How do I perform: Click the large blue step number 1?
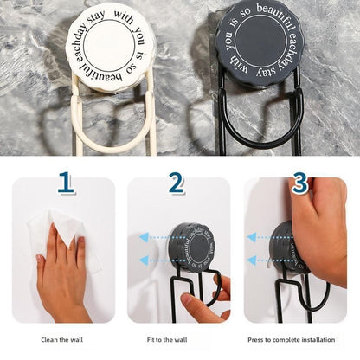click(66, 183)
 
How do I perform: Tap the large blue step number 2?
click(177, 183)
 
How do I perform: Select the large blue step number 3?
click(299, 183)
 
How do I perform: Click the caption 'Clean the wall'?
click(62, 339)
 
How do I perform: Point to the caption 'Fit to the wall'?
click(179, 339)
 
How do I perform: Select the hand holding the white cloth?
click(62, 277)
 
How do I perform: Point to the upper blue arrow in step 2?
click(151, 236)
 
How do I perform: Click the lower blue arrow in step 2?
click(151, 260)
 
